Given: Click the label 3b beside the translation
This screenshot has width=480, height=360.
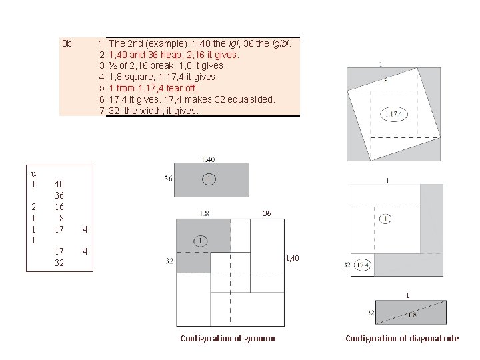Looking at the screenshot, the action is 66,44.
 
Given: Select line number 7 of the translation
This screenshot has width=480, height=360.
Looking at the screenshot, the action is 102,111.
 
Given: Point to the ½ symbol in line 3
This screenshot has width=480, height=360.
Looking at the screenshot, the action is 112,66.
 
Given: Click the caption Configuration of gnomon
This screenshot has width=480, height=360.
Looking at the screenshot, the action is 227,339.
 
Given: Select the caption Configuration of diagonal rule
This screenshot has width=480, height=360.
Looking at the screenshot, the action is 402,339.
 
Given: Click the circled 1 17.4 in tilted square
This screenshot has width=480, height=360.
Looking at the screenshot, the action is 393,115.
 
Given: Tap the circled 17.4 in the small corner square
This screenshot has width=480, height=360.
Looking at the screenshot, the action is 363,265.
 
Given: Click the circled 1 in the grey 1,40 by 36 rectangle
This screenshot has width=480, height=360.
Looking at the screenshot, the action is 209,179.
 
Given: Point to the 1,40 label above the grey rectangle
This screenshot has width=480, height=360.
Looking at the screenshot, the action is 207,159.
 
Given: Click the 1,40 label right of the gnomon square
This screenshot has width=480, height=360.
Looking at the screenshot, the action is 292,257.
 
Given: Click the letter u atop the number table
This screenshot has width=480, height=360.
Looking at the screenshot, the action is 33,174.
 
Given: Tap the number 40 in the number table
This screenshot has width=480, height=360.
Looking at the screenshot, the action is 59,184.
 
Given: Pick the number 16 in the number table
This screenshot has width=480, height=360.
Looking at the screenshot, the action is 59,207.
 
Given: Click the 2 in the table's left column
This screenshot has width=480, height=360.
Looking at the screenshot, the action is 33,207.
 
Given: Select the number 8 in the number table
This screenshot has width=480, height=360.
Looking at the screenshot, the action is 61,218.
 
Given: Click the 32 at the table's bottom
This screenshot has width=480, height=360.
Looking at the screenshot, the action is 59,263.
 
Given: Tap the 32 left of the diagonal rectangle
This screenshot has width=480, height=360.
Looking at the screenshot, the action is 370,312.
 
